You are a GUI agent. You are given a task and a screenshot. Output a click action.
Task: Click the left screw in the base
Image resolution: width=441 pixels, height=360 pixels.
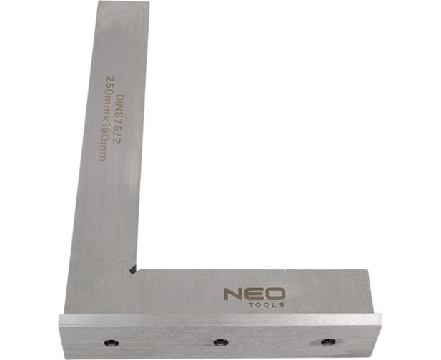(x=112, y=343)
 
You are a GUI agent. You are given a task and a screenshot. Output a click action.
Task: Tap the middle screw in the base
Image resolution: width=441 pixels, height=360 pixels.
(x=221, y=342)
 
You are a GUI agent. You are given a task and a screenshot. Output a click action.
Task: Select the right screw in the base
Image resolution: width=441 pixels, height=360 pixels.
(x=328, y=341)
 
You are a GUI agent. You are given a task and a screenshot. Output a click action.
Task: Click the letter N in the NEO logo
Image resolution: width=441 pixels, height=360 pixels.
(x=233, y=294)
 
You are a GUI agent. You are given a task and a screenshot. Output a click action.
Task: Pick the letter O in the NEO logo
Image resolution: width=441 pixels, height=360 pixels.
(x=275, y=294)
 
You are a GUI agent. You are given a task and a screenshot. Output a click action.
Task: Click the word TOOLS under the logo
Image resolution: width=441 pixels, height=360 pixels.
(x=267, y=305)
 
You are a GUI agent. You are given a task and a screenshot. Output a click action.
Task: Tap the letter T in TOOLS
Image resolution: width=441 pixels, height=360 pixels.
(x=252, y=305)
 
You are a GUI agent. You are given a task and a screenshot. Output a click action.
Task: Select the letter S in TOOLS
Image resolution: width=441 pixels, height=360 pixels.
(x=282, y=305)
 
